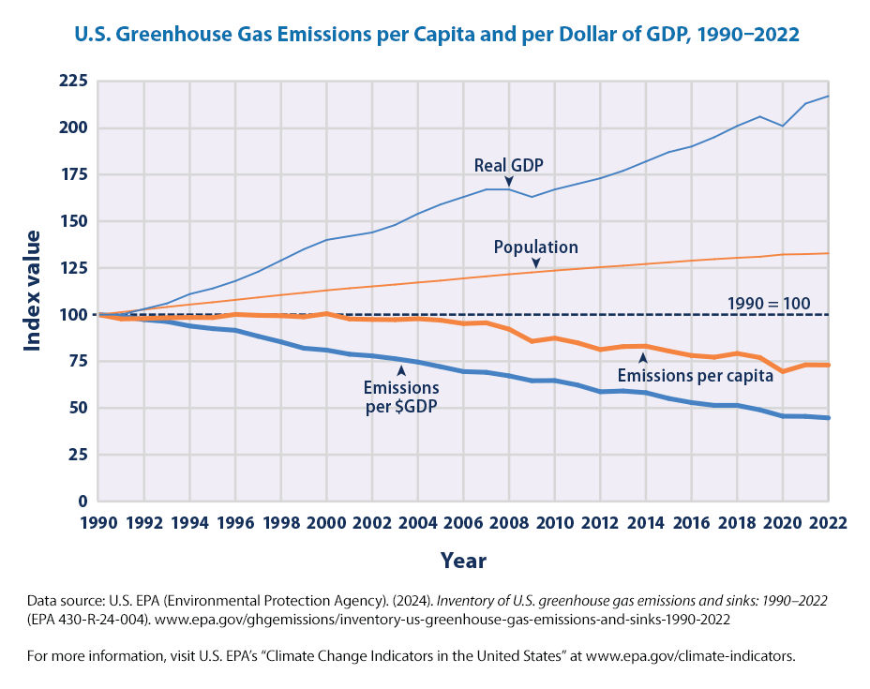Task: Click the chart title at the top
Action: click(x=436, y=36)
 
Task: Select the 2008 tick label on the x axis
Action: click(x=508, y=522)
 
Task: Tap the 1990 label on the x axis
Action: click(x=98, y=522)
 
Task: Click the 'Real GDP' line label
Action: click(x=508, y=165)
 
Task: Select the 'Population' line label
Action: click(x=536, y=247)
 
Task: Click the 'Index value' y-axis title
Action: click(x=33, y=291)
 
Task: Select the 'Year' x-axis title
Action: click(x=463, y=561)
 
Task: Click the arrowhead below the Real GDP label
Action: click(x=509, y=181)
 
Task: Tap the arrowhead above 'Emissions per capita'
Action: click(x=642, y=357)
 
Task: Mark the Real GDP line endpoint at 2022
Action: click(x=828, y=96)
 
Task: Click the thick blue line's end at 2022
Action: click(x=828, y=418)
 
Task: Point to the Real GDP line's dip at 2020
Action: click(x=782, y=126)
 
